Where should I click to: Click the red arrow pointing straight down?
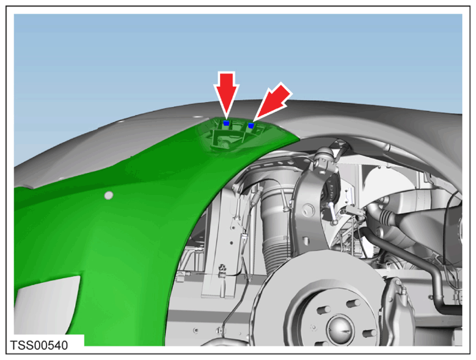(x=226, y=94)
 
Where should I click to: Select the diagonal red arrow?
(x=272, y=101)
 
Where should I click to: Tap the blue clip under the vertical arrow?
(x=226, y=123)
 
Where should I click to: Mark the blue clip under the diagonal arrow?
(x=251, y=125)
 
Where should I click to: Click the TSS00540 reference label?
(x=39, y=345)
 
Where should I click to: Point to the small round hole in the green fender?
(x=109, y=195)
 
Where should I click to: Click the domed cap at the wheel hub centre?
(x=340, y=330)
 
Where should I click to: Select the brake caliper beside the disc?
(x=395, y=307)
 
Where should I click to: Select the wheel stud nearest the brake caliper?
(x=369, y=333)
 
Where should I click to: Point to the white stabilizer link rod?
(x=332, y=213)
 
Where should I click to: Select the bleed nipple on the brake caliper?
(x=403, y=292)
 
